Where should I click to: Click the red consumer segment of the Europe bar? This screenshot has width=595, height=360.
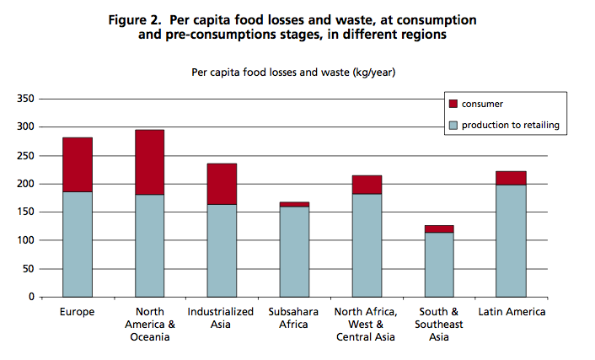pos(78,164)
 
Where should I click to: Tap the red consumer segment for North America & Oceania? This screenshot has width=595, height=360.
pos(149,162)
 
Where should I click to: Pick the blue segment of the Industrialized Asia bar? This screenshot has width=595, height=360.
pos(222,250)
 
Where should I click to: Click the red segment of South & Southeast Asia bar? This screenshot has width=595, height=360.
pos(438,228)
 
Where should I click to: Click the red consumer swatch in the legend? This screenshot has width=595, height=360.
pos(453,105)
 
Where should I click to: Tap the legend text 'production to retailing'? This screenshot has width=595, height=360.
pos(511,126)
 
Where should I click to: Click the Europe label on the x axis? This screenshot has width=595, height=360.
pos(78,312)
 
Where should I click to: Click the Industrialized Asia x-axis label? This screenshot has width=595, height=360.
pos(222,318)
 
